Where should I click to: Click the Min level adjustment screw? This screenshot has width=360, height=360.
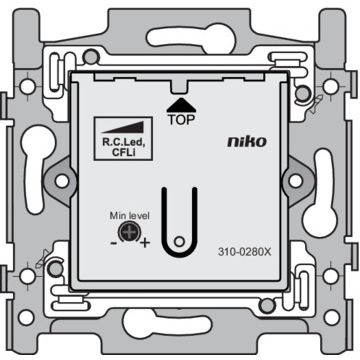click(x=128, y=235)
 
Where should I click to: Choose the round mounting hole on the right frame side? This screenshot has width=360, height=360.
click(x=298, y=181)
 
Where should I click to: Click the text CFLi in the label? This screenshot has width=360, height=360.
click(x=124, y=152)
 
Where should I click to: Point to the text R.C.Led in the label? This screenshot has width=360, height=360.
click(x=124, y=142)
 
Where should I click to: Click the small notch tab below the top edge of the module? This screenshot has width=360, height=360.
click(x=181, y=85)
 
